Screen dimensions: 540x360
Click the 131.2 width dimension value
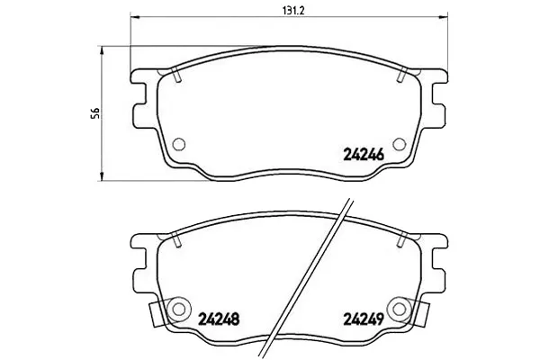[293, 11]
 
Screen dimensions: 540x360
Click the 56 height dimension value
[95, 113]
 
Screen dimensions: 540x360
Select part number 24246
[364, 156]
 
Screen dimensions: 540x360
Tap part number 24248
[219, 319]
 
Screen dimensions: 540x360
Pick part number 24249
[364, 319]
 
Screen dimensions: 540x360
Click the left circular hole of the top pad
[179, 144]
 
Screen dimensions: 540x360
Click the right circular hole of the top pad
[399, 144]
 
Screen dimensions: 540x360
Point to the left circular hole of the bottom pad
[179, 309]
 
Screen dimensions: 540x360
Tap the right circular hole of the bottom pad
[399, 309]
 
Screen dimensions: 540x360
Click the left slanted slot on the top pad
[176, 75]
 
